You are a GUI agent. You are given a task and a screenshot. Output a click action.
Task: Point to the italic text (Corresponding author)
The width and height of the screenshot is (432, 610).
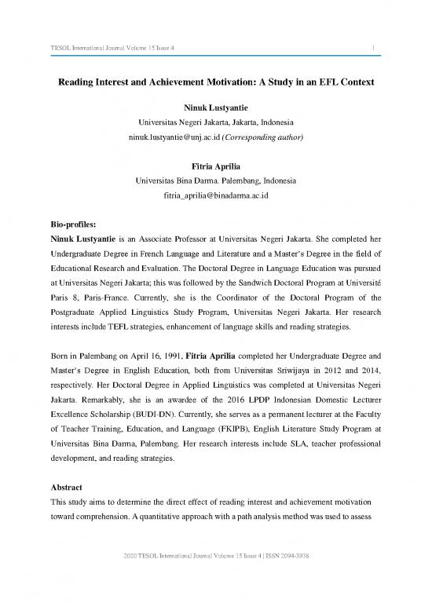tap(264, 138)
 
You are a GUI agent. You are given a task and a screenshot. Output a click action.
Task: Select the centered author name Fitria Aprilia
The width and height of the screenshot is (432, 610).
tap(215, 166)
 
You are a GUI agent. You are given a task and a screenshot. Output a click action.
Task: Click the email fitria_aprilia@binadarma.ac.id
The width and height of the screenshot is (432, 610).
tap(215, 195)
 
